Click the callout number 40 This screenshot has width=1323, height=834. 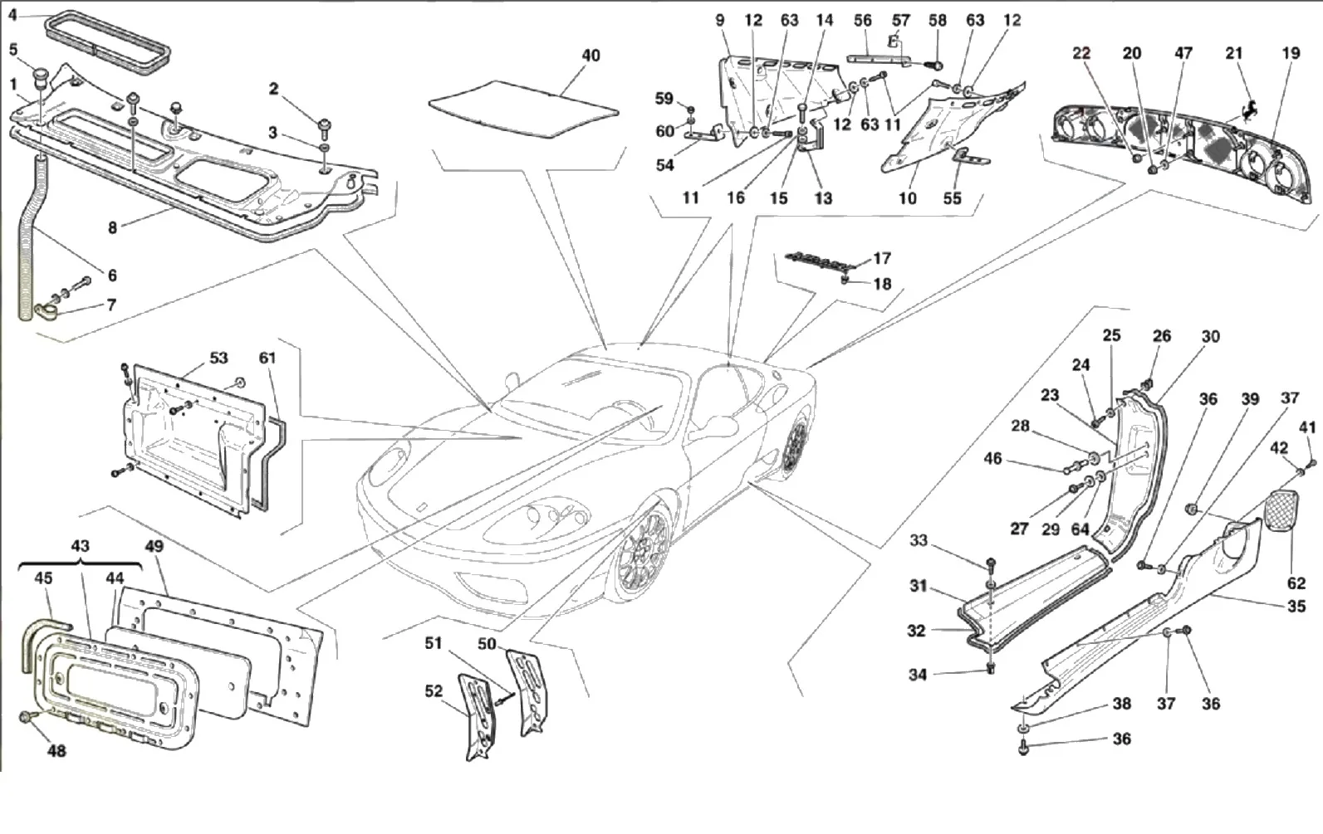[590, 56]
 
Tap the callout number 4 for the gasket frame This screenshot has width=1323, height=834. [13, 14]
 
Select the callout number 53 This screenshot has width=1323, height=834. [218, 358]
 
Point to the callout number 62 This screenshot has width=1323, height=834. [1296, 583]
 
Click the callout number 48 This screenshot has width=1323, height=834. [56, 751]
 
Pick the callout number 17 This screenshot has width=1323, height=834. [881, 259]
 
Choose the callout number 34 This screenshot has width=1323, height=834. [917, 674]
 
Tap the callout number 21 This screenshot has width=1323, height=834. [1234, 54]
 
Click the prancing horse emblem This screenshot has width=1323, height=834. [1248, 110]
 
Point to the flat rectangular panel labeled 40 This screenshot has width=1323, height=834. [523, 110]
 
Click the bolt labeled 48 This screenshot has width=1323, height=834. [27, 716]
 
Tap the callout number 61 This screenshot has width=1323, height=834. [267, 358]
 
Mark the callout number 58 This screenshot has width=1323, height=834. [938, 21]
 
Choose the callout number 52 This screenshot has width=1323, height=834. [434, 691]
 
